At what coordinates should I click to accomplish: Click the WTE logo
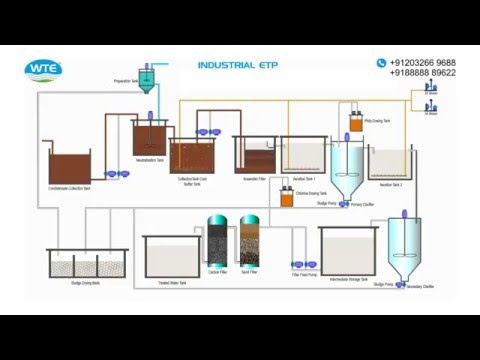[x=43, y=69]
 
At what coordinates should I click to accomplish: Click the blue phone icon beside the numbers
[x=381, y=63]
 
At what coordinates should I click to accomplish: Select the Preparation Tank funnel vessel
[x=146, y=80]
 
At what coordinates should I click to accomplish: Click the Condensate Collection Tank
[x=69, y=167]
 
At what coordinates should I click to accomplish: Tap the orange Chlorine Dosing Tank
[x=287, y=199]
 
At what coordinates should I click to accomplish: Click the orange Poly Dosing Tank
[x=355, y=125]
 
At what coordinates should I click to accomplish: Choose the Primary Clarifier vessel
[x=351, y=170]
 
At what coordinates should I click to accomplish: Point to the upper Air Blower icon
[x=431, y=86]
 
